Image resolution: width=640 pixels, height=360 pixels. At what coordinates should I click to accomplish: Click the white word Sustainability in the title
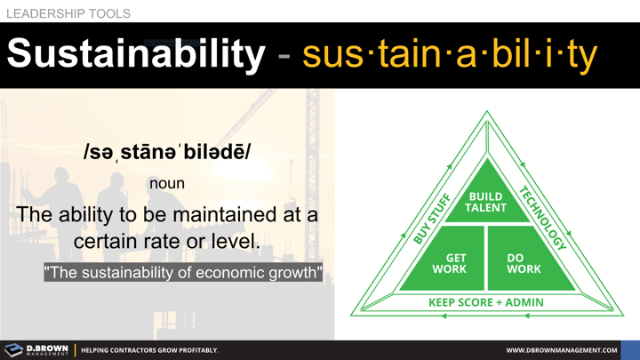pos(136,54)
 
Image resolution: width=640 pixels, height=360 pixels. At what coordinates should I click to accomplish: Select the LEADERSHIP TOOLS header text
pos(68,13)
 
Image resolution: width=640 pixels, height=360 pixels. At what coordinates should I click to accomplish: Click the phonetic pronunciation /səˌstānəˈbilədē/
pos(167,152)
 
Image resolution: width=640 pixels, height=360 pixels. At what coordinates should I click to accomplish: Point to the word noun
pos(167,183)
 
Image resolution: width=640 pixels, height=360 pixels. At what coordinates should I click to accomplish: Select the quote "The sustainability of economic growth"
pos(184,272)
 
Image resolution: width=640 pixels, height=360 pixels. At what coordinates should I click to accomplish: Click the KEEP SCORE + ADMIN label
pos(486,302)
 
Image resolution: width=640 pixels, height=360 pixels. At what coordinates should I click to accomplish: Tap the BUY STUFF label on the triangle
pos(433,218)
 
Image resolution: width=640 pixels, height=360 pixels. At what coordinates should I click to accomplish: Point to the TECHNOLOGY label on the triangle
pos(542,218)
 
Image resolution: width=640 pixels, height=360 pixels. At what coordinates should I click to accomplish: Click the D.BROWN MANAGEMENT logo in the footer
pos(36,350)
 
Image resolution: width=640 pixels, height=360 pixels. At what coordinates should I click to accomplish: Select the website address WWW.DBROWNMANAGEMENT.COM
pos(561,350)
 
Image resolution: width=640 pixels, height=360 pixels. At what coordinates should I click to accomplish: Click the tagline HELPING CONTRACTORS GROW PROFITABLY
pos(149,350)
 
